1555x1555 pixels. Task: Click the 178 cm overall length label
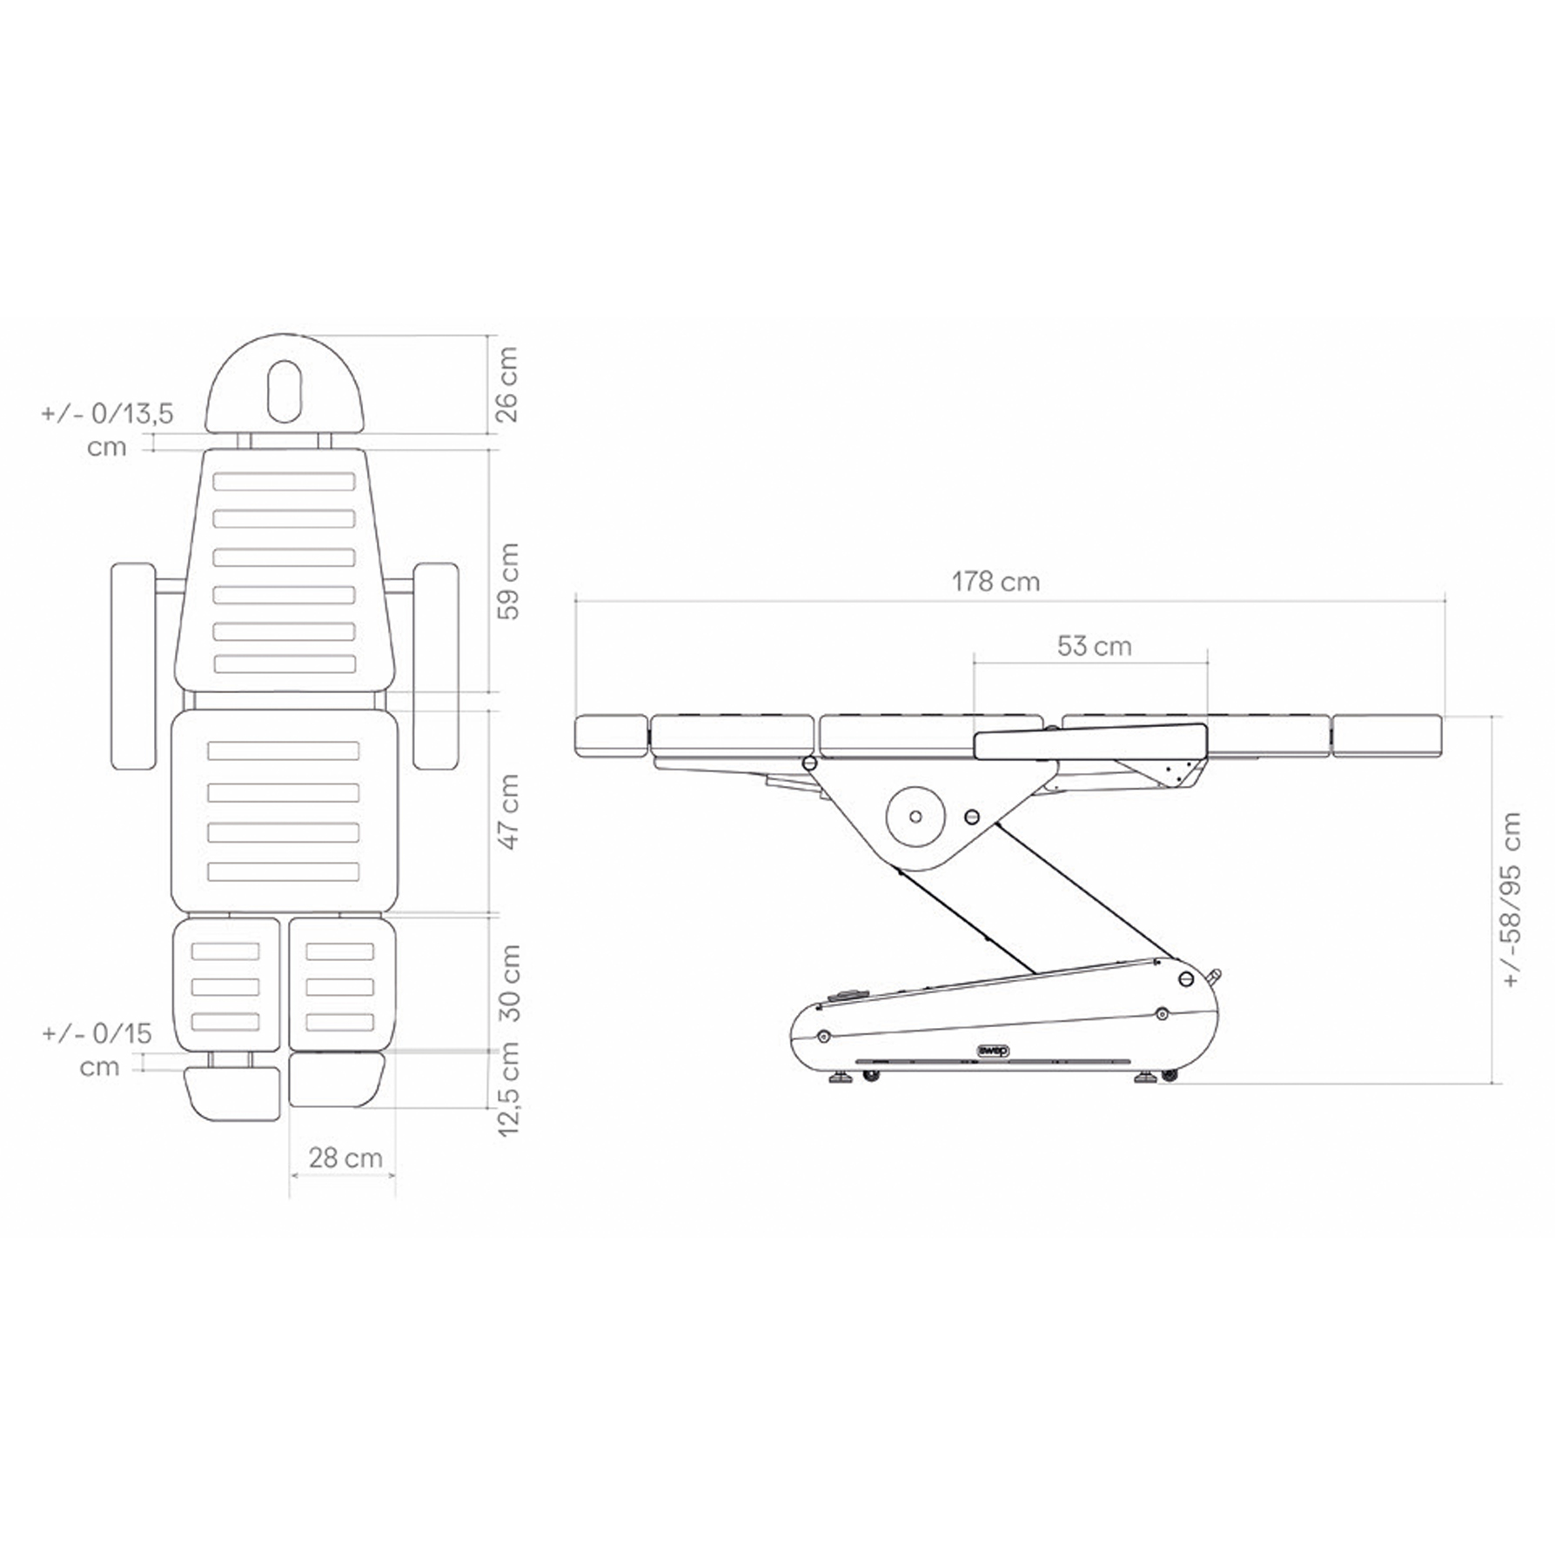point(995,581)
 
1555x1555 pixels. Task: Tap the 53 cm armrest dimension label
point(1094,646)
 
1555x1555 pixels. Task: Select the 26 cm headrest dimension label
point(506,384)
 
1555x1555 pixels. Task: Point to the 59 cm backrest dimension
point(506,581)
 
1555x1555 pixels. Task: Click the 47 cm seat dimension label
point(506,812)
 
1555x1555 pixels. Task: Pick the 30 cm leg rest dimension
point(506,983)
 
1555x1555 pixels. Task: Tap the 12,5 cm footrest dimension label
point(506,1089)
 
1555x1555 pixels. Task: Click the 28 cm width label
point(345,1158)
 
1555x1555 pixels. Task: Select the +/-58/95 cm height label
point(1512,899)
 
